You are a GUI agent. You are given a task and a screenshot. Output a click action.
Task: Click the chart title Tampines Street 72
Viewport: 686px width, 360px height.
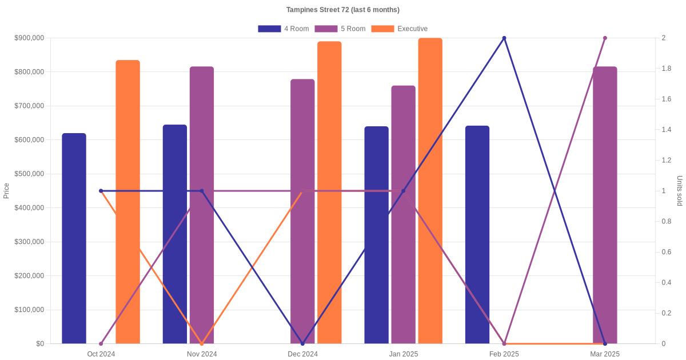[x=343, y=10]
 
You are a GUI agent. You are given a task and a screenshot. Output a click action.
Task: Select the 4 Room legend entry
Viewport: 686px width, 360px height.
[x=284, y=29]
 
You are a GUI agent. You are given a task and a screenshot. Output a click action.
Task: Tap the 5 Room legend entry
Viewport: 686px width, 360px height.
[x=340, y=29]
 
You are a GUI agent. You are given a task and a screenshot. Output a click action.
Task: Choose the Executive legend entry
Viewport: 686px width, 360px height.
[x=399, y=29]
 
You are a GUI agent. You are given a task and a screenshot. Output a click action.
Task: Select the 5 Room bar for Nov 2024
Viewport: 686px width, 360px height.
[x=202, y=205]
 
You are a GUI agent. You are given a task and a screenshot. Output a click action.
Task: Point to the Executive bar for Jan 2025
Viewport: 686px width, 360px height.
[x=430, y=191]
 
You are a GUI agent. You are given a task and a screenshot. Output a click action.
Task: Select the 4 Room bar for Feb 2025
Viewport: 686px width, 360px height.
[x=477, y=234]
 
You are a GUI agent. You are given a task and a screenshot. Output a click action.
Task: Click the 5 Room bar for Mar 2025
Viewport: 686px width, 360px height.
[x=605, y=205]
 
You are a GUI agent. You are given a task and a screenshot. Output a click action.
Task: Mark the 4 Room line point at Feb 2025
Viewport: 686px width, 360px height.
[x=504, y=38]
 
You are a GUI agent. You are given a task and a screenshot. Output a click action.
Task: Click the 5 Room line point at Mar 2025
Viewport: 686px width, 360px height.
[x=605, y=38]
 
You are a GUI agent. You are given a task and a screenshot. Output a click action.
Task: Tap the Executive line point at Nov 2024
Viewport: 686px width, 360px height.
[x=202, y=343]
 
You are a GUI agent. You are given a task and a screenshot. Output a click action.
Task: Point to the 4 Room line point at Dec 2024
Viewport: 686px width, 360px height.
[x=302, y=343]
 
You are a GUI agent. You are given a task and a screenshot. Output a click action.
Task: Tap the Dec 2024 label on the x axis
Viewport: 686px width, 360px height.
[x=302, y=354]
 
